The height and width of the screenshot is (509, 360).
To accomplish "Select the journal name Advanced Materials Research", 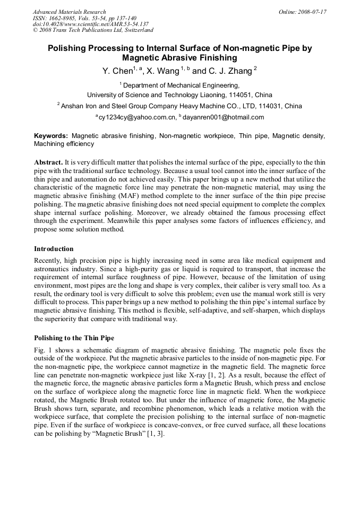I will click(x=69, y=12).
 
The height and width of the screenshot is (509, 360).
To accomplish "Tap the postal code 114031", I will click(x=267, y=106).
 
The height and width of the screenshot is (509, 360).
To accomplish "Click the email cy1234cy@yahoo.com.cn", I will click(x=137, y=117).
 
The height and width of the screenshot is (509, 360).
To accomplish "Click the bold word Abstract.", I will click(x=48, y=161).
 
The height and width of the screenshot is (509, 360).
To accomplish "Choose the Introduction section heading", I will click(x=54, y=248).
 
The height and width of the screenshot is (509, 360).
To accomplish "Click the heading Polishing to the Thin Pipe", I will click(x=74, y=338).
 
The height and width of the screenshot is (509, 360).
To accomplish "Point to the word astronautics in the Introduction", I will click(x=51, y=269).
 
